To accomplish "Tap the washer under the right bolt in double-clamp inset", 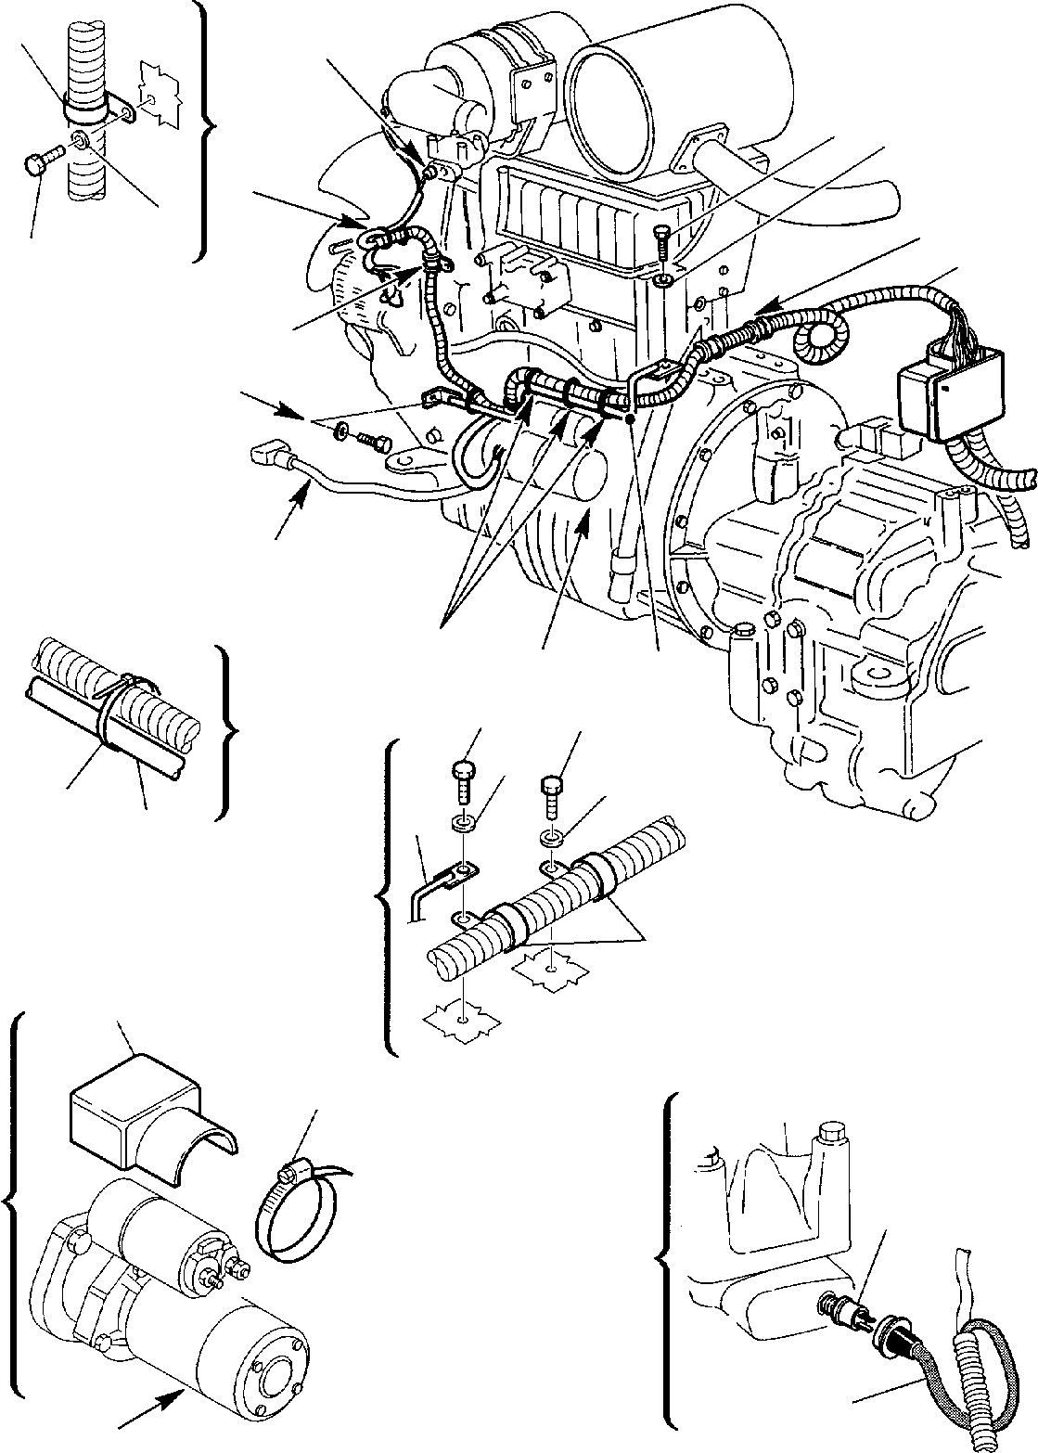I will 551,838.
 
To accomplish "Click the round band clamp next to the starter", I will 291,1220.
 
